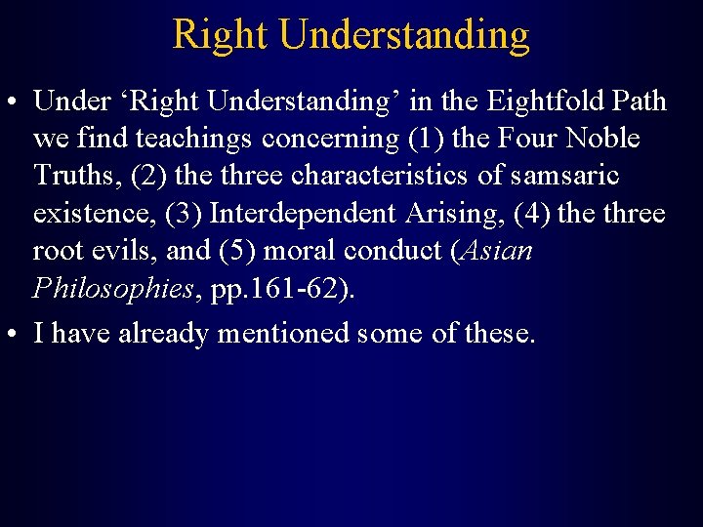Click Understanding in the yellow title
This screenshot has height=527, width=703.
(x=403, y=36)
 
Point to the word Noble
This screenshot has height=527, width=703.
(x=602, y=139)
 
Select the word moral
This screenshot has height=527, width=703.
(x=302, y=250)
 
